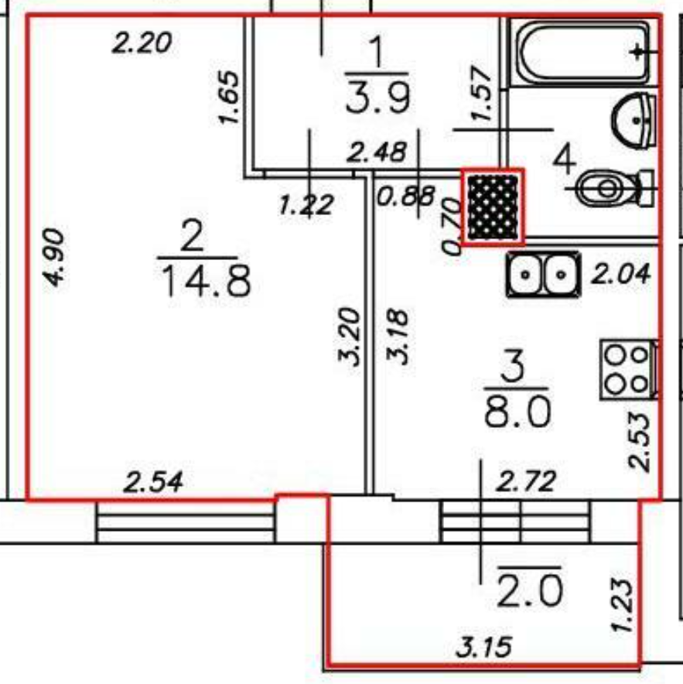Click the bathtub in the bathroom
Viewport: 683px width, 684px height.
tap(582, 53)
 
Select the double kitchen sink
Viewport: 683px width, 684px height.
tap(544, 275)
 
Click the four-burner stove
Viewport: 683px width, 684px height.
tap(627, 369)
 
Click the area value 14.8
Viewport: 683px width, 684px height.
tap(206, 282)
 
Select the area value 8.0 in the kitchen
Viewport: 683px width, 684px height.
tap(517, 413)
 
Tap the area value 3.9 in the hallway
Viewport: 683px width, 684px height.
tap(377, 99)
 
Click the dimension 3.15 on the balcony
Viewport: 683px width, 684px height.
tap(483, 645)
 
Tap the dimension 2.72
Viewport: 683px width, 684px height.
tap(526, 483)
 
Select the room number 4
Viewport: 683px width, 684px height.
tap(565, 161)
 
